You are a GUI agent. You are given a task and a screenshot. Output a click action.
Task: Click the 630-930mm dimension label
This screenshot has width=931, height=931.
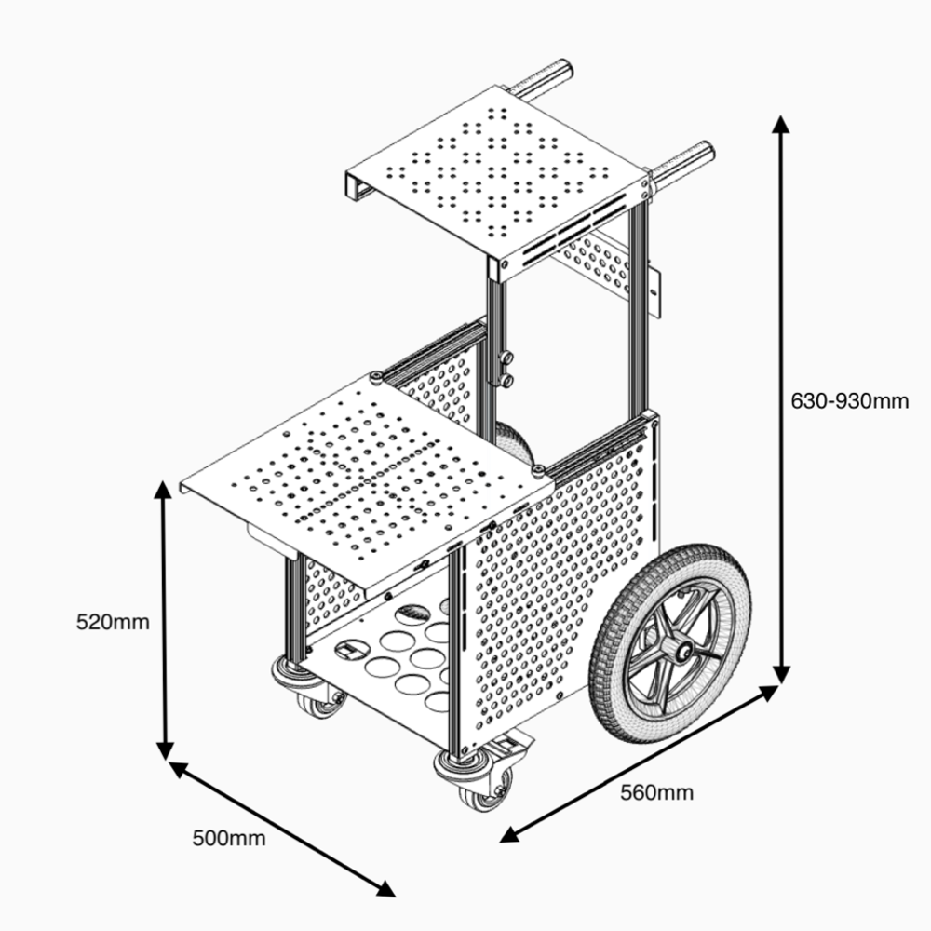pos(849,401)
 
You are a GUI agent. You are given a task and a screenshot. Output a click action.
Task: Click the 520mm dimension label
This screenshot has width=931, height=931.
pos(113,621)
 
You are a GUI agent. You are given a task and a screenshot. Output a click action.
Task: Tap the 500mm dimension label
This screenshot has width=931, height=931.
pos(229,838)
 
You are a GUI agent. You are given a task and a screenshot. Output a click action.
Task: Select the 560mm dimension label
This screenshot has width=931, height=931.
pos(656,792)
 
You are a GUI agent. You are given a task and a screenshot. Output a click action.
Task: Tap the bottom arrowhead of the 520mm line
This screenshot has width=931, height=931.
pos(165,752)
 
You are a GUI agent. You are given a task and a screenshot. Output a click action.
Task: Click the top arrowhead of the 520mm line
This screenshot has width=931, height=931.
pos(165,491)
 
